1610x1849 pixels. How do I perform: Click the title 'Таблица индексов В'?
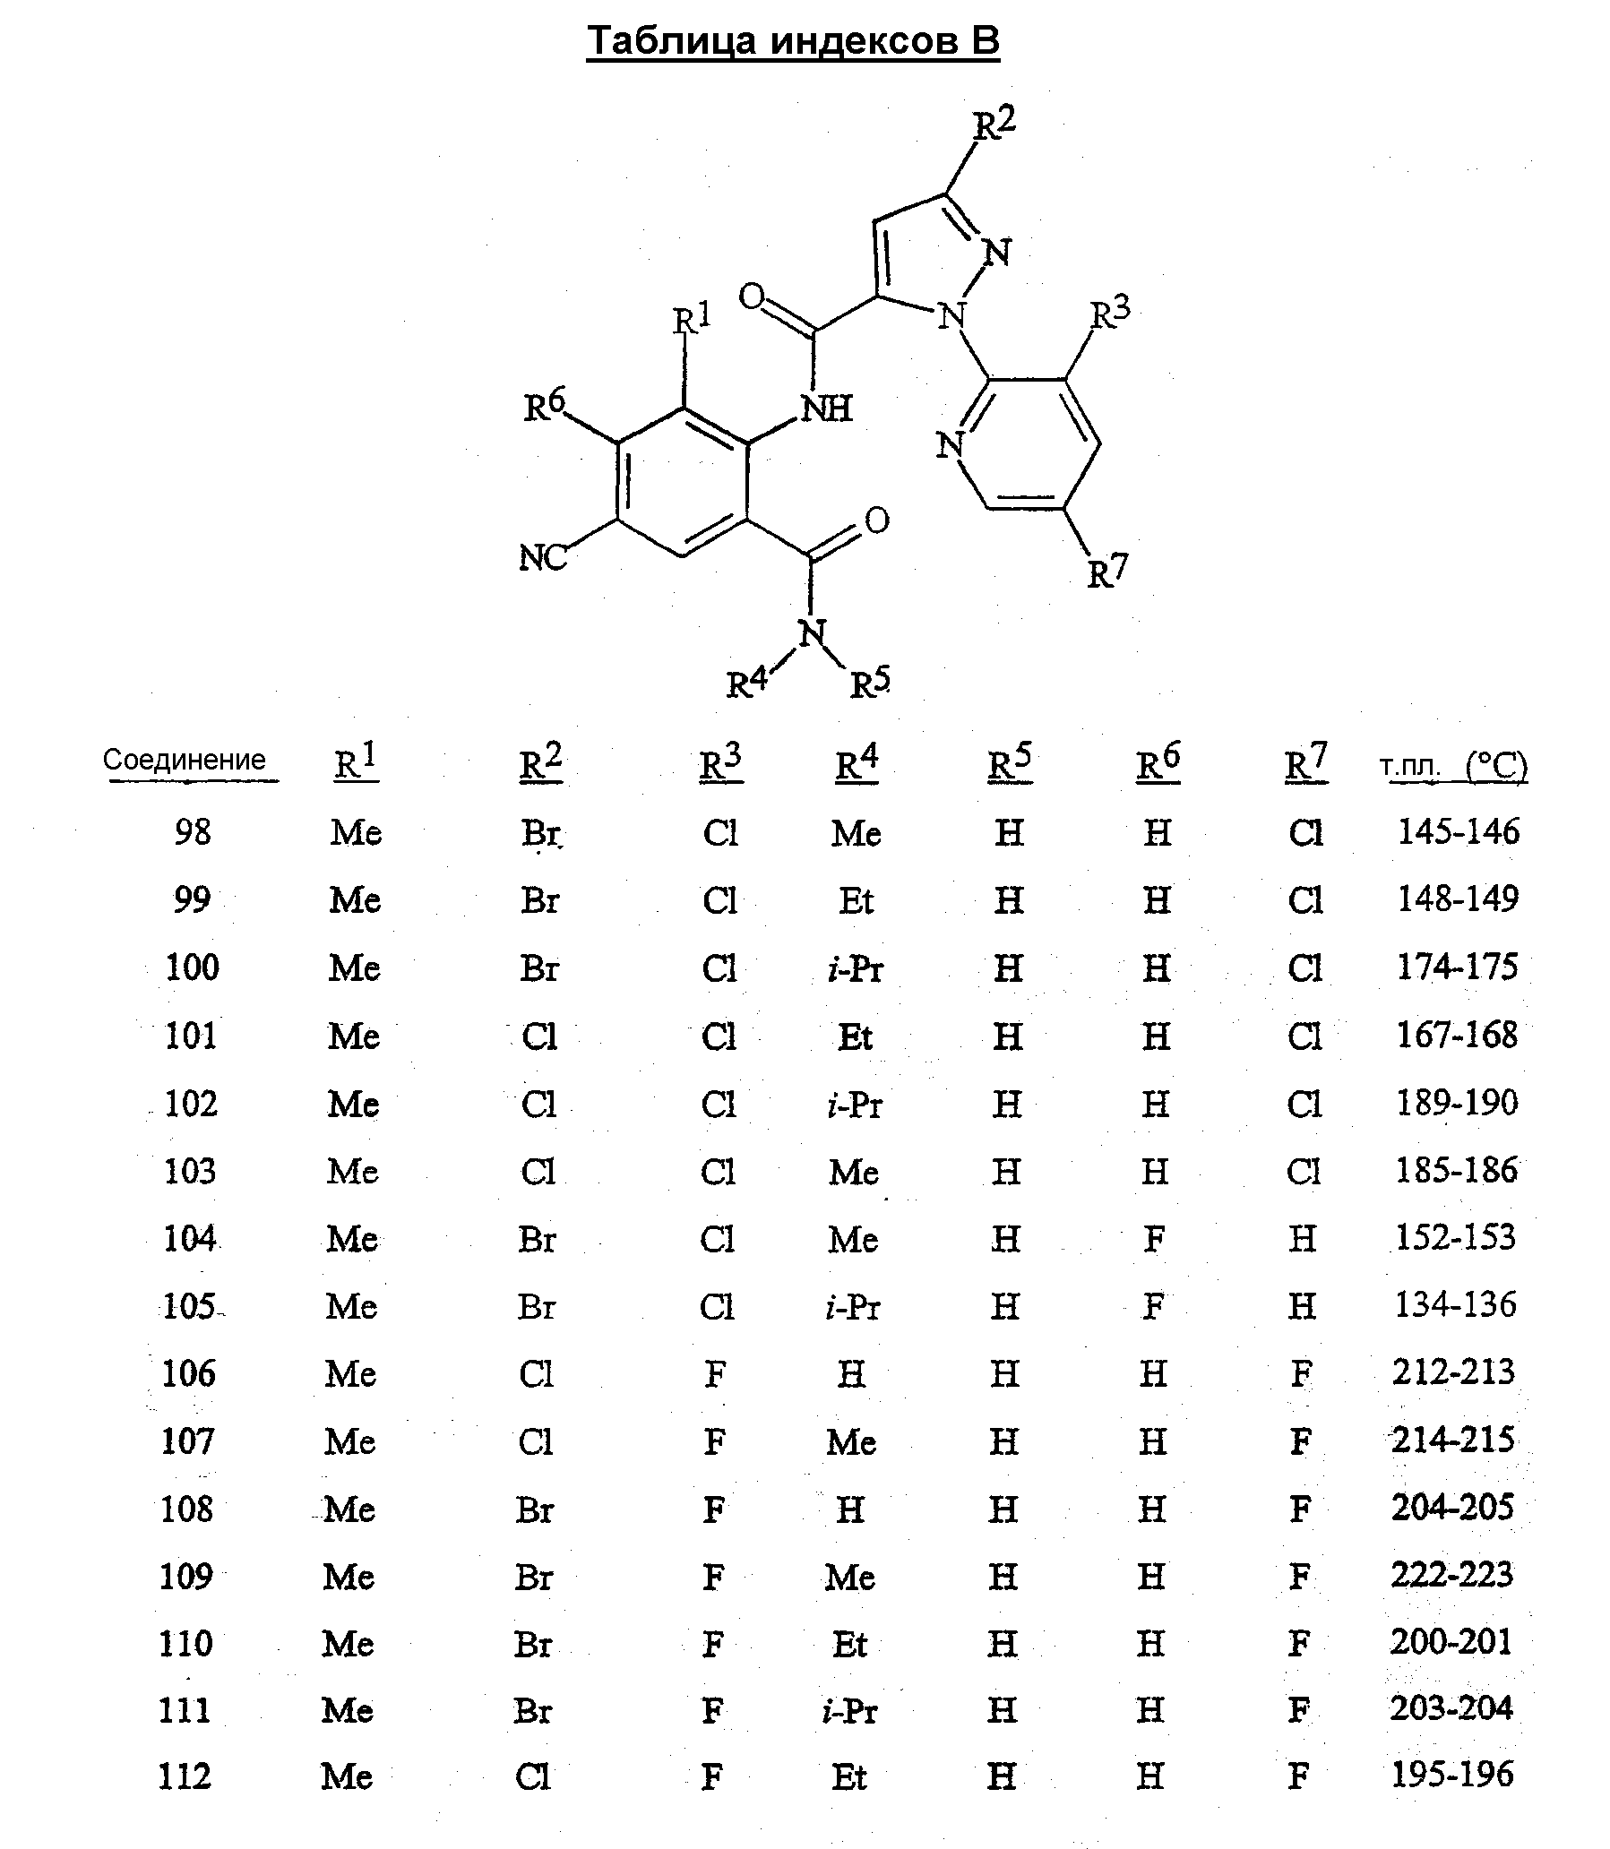(793, 41)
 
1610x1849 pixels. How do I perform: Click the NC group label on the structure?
(544, 557)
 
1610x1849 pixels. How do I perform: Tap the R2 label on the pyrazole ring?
(995, 123)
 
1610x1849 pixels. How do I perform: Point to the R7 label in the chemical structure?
(1106, 571)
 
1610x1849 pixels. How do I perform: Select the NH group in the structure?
(827, 408)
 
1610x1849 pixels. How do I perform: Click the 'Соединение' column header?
(185, 760)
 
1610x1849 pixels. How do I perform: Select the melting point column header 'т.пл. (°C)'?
(1453, 765)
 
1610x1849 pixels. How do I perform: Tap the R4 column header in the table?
(857, 763)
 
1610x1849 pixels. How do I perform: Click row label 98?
(194, 832)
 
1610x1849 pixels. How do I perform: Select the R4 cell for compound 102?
(856, 1105)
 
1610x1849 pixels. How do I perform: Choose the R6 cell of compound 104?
(1155, 1239)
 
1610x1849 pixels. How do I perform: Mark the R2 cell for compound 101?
(539, 1036)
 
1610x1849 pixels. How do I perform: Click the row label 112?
(185, 1777)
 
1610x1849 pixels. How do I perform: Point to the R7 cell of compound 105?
(1302, 1306)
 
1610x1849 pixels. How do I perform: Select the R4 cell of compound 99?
(857, 900)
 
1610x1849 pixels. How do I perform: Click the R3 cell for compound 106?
(715, 1373)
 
